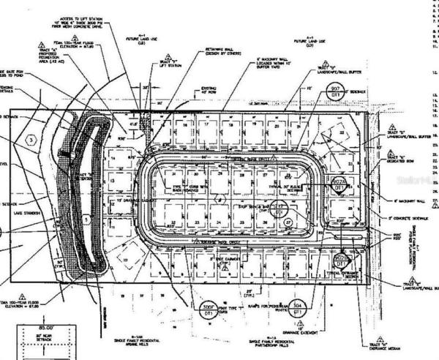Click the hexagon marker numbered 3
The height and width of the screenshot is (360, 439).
point(30,139)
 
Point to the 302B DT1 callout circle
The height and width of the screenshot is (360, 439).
point(340,259)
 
